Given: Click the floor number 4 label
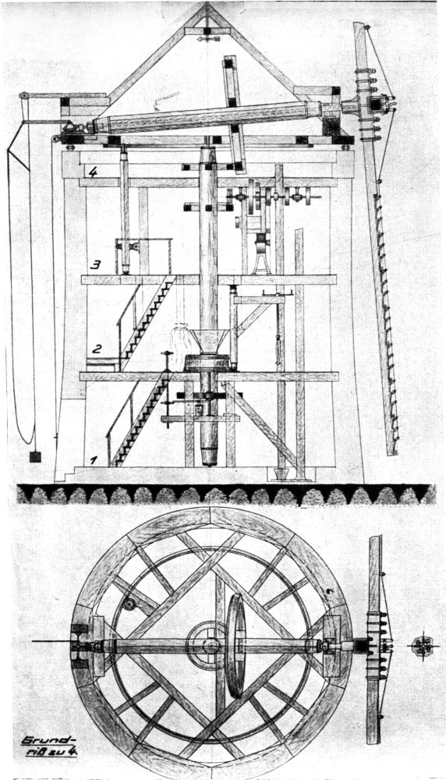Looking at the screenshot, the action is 93,172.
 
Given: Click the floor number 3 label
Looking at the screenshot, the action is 95,264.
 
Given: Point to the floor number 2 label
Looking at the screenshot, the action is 97,348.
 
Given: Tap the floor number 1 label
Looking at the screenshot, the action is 93,461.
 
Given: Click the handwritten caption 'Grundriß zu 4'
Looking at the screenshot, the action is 49,746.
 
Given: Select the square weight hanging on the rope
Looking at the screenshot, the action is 35,456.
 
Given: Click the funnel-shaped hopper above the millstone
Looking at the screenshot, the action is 209,342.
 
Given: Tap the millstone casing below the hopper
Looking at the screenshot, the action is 209,363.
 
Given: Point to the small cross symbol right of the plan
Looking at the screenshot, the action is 423,647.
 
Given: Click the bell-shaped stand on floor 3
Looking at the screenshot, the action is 261,253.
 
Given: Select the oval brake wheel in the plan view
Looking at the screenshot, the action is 235,646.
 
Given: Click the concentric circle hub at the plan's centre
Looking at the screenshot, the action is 211,646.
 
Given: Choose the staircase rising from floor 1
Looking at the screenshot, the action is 140,420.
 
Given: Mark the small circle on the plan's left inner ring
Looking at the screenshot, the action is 129,604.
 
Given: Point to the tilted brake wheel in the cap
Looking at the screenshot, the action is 235,114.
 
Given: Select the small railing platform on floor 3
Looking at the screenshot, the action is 143,256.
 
